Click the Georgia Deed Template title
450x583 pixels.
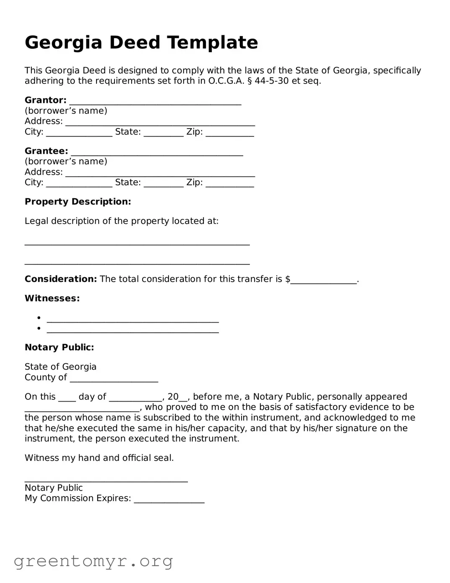141,42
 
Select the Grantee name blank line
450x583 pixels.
157,152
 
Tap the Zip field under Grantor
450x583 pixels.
229,133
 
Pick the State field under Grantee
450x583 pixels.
164,184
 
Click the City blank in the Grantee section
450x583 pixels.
79,184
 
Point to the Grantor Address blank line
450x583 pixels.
160,123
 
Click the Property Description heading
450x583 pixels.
78,202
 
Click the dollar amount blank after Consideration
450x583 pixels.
323,281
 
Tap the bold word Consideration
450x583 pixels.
61,279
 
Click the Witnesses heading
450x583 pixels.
52,298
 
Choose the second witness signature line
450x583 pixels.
133,330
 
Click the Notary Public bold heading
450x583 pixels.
59,347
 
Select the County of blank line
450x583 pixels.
114,379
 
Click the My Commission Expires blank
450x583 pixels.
169,500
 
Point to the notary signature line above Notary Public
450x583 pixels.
106,480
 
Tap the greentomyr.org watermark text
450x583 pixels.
93,561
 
